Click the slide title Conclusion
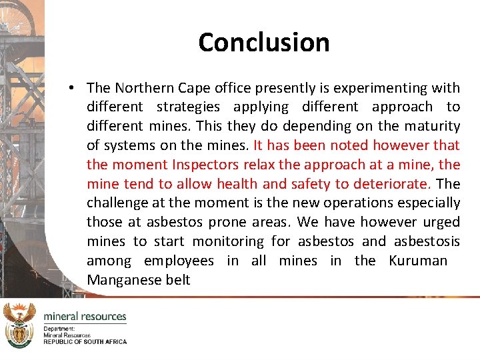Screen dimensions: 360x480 pyautogui.click(x=264, y=43)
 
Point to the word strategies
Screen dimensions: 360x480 pyautogui.click(x=188, y=107)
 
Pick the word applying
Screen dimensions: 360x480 pyautogui.click(x=261, y=107)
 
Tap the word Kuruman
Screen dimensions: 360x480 pyautogui.click(x=418, y=261)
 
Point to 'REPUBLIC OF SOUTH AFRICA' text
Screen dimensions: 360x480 pyautogui.click(x=85, y=341)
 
